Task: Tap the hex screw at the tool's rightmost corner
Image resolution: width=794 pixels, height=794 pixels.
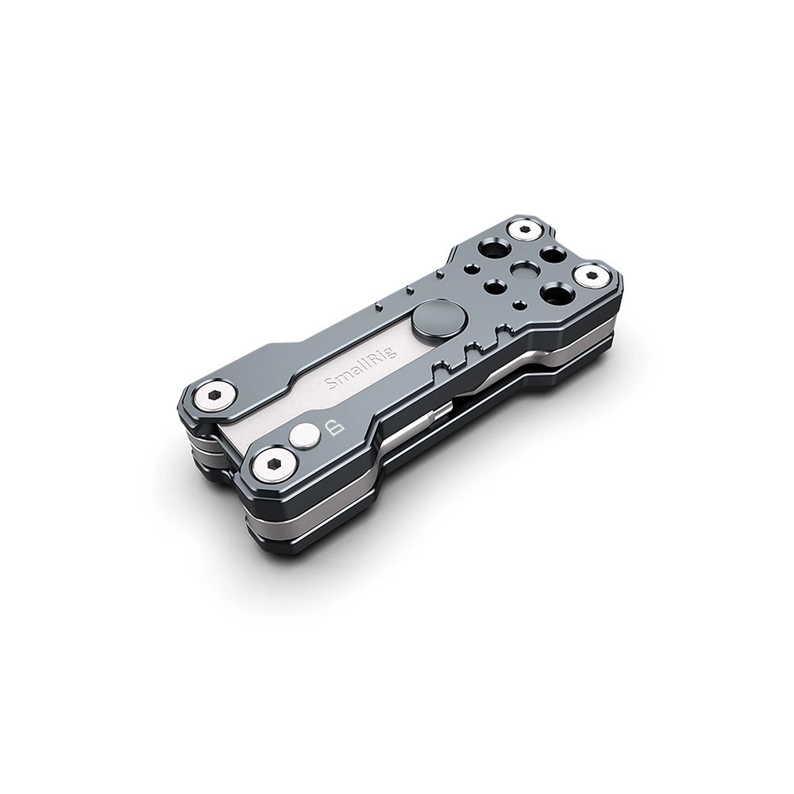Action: pos(591,276)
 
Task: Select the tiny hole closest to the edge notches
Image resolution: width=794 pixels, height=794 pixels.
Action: pos(518,306)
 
